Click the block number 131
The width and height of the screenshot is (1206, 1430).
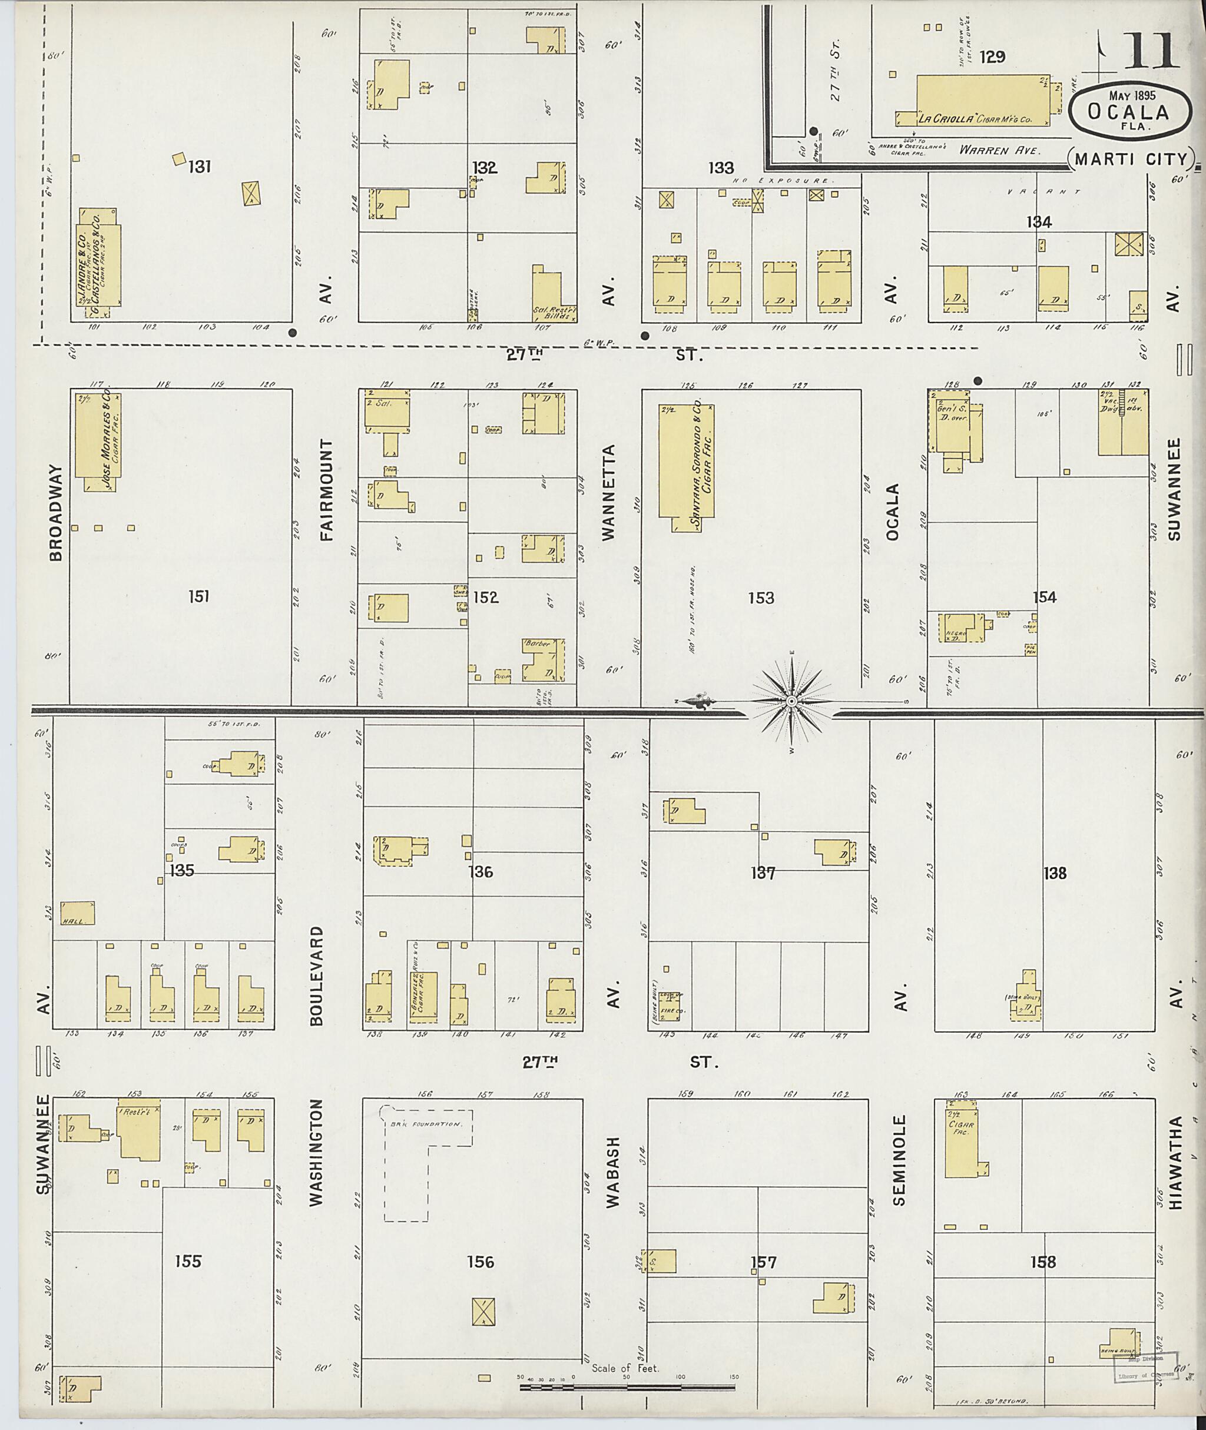tap(199, 166)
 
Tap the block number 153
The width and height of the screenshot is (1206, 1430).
tap(760, 598)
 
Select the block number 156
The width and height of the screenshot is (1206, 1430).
tap(480, 1262)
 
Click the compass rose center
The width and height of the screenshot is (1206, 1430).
tap(791, 701)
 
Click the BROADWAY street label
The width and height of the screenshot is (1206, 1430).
tap(56, 513)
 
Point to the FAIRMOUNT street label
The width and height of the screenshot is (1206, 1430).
tap(327, 490)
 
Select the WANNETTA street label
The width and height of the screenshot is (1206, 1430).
tap(609, 492)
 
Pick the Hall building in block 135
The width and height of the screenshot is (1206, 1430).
tap(77, 913)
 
